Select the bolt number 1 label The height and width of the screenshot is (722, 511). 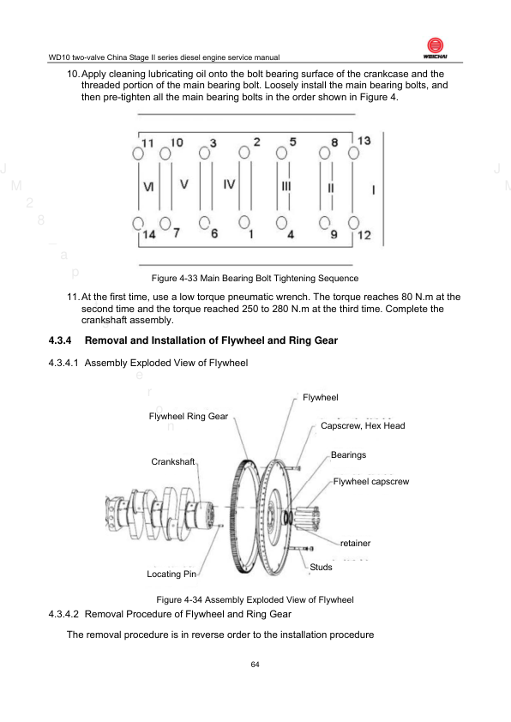click(251, 234)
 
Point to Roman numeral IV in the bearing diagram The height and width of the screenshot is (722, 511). click(229, 184)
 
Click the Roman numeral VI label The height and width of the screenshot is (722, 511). click(148, 186)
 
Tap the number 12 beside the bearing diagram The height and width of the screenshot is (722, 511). click(364, 235)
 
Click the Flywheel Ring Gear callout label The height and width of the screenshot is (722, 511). click(189, 416)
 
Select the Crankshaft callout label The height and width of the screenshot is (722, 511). click(173, 461)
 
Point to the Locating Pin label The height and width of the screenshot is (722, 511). click(171, 574)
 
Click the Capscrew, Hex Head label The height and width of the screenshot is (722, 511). click(363, 426)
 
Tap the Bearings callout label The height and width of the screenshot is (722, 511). click(348, 455)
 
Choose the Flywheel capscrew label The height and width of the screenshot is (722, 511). click(371, 482)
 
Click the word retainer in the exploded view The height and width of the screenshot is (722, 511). click(356, 544)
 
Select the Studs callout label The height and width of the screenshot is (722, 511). click(321, 567)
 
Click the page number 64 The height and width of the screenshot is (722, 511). click(255, 665)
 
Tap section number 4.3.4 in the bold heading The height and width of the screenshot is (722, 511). click(60, 340)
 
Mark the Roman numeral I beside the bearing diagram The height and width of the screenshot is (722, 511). click(373, 190)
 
